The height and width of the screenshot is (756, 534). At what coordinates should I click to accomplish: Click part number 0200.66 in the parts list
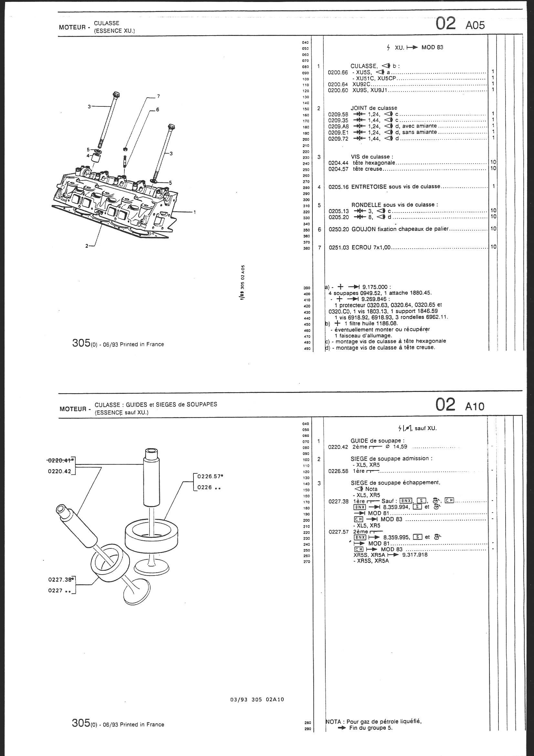[338, 72]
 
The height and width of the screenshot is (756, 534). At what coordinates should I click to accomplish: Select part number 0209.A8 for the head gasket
[338, 126]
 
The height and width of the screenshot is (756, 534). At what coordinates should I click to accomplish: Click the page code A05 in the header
[475, 25]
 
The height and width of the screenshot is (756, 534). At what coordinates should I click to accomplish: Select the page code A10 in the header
[475, 407]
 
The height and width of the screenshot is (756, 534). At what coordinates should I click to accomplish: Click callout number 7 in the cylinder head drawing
[158, 96]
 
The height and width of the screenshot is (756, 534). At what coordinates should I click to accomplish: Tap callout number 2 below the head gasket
[87, 246]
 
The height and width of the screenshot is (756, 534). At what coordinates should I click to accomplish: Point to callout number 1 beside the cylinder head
[194, 212]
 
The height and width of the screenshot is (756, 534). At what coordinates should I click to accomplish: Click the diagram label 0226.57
[208, 476]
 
